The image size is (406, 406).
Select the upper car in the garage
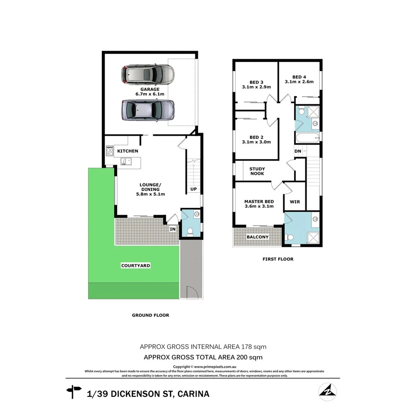pyautogui.click(x=147, y=74)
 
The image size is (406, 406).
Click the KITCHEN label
pyautogui.click(x=128, y=151)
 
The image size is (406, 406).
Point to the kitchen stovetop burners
pyautogui.click(x=110, y=151)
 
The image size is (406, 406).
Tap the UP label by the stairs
pyautogui.click(x=194, y=189)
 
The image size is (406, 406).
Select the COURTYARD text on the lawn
pyautogui.click(x=135, y=265)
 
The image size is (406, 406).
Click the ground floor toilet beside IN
pyautogui.click(x=189, y=231)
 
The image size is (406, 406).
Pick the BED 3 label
pyautogui.click(x=256, y=82)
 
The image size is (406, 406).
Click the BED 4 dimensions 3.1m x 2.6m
pyautogui.click(x=299, y=81)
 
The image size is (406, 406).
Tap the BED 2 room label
pyautogui.click(x=256, y=136)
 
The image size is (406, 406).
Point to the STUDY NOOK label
pyautogui.click(x=257, y=171)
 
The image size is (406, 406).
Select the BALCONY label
pyautogui.click(x=257, y=237)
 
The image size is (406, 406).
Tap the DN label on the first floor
pyautogui.click(x=298, y=152)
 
